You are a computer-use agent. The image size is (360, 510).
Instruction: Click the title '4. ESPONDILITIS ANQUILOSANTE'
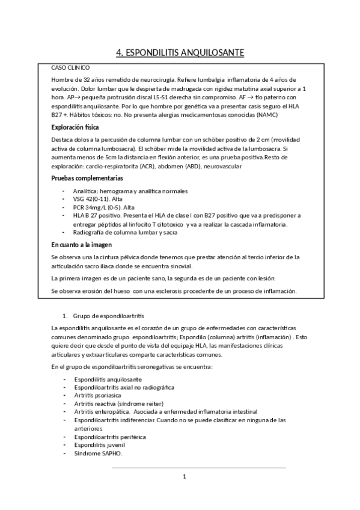point(180,54)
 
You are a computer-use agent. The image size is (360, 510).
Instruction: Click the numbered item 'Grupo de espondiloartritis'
point(108,316)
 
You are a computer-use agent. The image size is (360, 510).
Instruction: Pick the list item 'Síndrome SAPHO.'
point(97,453)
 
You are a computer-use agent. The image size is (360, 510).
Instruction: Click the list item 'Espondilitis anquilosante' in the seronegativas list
point(108,380)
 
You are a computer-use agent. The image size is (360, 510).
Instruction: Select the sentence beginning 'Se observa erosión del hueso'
point(174,291)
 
